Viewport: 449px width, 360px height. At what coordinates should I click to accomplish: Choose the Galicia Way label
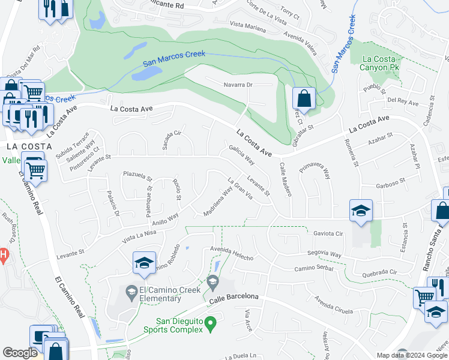click(x=241, y=155)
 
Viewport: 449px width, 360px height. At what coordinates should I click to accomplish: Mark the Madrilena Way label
click(x=218, y=203)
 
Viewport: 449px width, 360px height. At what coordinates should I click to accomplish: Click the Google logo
click(x=20, y=353)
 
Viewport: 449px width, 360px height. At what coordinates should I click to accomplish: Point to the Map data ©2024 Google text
click(x=411, y=355)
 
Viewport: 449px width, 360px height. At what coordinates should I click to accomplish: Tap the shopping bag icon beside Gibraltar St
click(x=304, y=98)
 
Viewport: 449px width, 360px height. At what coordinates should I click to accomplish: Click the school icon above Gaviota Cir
click(x=361, y=211)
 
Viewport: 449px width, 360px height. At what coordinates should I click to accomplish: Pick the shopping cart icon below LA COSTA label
click(x=35, y=169)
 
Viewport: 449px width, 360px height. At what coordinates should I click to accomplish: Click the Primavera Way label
click(x=315, y=170)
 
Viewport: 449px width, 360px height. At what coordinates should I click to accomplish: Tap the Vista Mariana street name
click(x=247, y=25)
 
